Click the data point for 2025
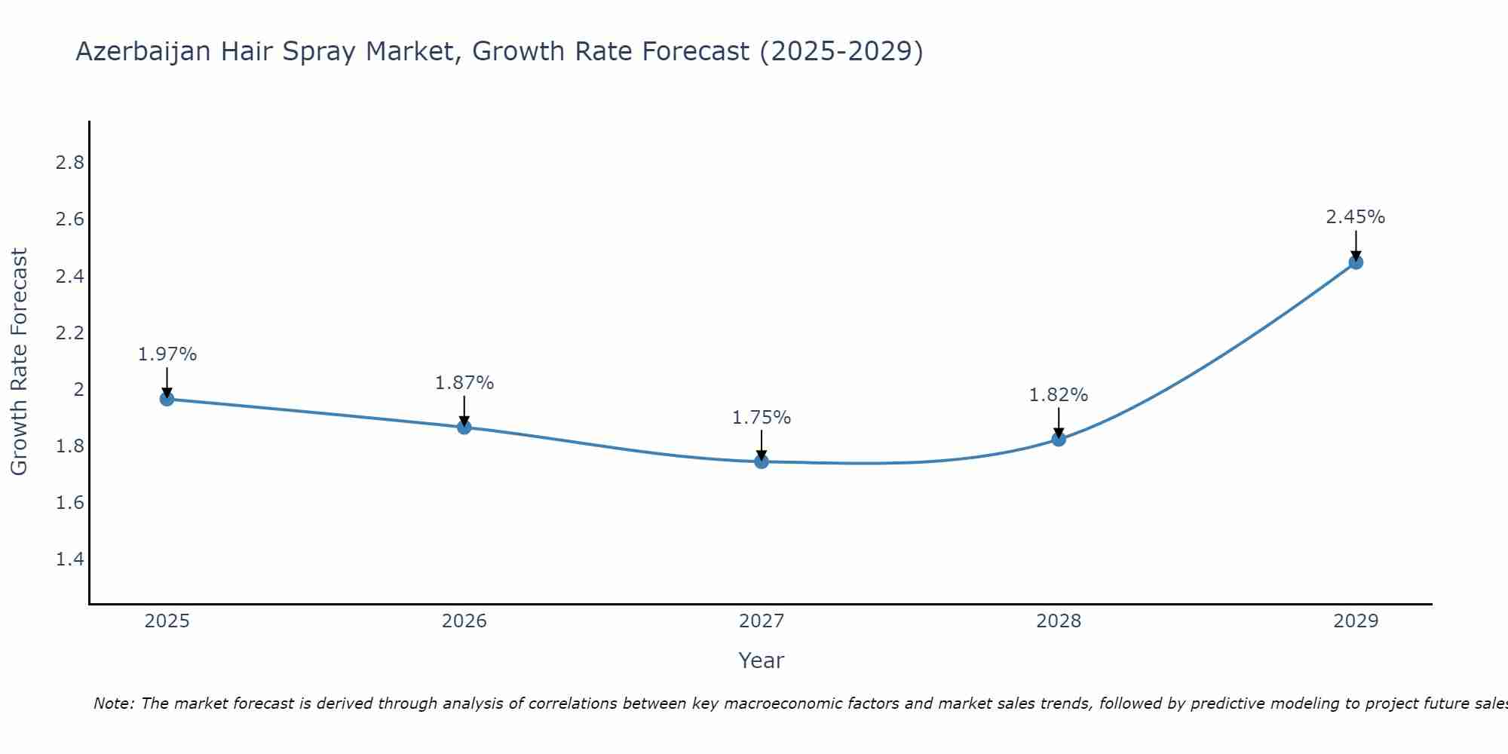tap(167, 399)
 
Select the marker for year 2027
tap(762, 461)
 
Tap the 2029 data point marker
tap(1356, 262)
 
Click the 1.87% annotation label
tap(464, 383)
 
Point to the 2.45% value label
tap(1356, 217)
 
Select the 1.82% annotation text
tap(1059, 395)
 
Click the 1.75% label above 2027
tap(762, 418)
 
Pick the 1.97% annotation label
tap(167, 354)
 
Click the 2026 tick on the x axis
tap(464, 621)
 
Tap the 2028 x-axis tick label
tap(1059, 621)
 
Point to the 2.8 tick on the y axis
tap(70, 163)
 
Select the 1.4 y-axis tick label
tap(70, 559)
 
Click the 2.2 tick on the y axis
tap(70, 333)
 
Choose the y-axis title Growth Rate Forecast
tap(19, 362)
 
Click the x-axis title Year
tap(762, 661)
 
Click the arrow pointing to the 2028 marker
tap(1059, 422)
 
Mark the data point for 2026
tap(464, 428)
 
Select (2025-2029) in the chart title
tap(841, 51)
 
